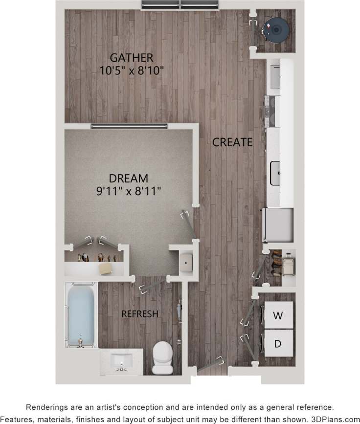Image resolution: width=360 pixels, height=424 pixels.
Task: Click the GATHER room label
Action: pyautogui.click(x=131, y=58)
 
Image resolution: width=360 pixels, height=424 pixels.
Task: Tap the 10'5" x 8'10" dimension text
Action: pyautogui.click(x=131, y=70)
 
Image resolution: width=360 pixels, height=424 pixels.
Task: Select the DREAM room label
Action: pyautogui.click(x=129, y=179)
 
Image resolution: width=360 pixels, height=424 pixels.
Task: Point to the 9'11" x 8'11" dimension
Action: pyautogui.click(x=129, y=191)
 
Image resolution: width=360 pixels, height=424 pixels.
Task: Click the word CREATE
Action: pyautogui.click(x=232, y=142)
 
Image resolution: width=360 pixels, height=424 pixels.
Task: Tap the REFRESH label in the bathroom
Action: pyautogui.click(x=140, y=314)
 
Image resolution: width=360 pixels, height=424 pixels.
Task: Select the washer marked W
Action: pyautogui.click(x=278, y=315)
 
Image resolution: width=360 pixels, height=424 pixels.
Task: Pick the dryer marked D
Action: pyautogui.click(x=278, y=343)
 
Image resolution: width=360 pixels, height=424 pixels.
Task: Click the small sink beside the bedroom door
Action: pyautogui.click(x=186, y=263)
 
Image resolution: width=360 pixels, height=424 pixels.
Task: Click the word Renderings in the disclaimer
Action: pyautogui.click(x=47, y=407)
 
